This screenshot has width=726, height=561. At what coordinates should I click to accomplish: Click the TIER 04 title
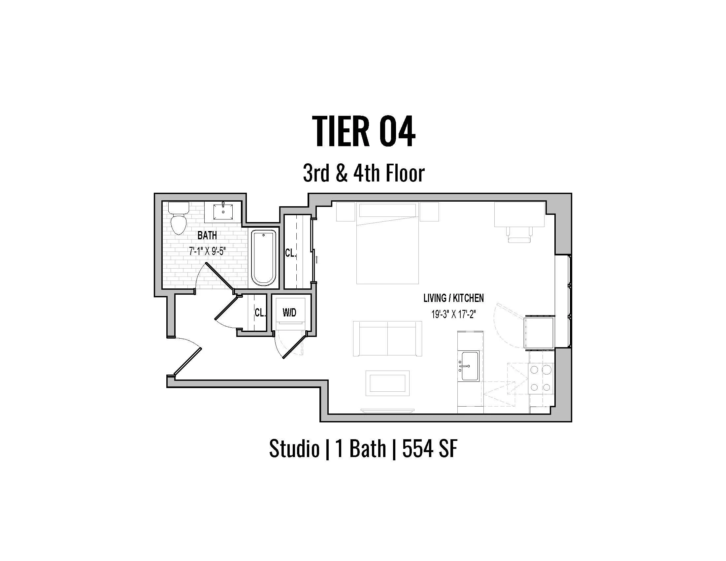[364, 132]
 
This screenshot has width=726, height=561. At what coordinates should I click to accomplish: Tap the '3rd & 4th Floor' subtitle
[364, 174]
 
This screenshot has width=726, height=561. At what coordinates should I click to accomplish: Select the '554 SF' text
[429, 448]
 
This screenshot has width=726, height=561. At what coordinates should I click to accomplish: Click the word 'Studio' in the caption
[294, 448]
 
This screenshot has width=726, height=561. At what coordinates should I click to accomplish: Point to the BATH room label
[207, 236]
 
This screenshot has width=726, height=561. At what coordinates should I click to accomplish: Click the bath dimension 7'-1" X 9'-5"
[207, 251]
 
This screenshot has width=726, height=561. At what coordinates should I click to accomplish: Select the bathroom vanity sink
[223, 212]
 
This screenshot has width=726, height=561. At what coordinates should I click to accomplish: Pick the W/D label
[289, 313]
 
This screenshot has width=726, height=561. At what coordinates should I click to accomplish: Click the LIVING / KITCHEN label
[453, 298]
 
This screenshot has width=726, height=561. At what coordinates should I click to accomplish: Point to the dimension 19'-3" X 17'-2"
[453, 314]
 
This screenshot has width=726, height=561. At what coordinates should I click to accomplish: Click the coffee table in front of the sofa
[387, 383]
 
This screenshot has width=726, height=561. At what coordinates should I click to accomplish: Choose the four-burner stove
[541, 378]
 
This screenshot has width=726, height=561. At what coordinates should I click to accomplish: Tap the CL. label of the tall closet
[290, 253]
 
